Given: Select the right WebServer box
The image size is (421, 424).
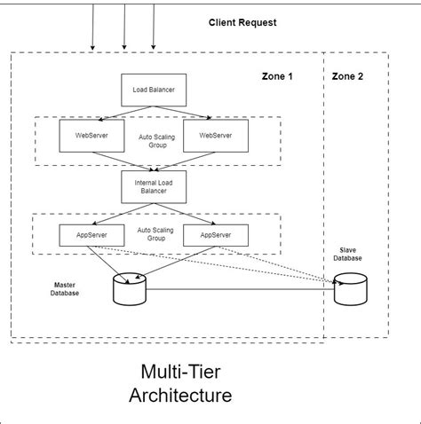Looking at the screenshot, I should (x=216, y=136).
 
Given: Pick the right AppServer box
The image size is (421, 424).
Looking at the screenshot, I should (x=216, y=235).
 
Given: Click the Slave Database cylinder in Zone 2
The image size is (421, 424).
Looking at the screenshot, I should (x=350, y=290).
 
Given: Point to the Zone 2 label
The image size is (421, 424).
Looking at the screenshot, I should (x=347, y=76).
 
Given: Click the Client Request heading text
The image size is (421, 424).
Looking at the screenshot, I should (x=242, y=22).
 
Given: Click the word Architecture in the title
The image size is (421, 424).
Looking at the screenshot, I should (x=180, y=395).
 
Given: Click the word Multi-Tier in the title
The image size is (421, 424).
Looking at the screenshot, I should (x=181, y=370).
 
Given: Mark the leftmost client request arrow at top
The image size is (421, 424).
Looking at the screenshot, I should (x=92, y=27).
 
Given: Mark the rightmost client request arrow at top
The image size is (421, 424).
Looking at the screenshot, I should (x=154, y=27).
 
